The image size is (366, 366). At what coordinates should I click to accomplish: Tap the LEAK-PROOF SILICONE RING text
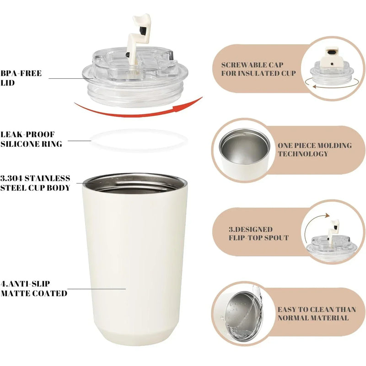coord(32,139)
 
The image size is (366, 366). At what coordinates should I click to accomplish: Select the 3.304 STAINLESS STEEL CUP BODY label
coord(35,183)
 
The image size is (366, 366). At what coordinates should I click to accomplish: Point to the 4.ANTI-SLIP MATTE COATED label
coord(33,289)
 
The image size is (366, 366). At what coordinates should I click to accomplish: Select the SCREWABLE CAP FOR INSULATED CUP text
coord(258,69)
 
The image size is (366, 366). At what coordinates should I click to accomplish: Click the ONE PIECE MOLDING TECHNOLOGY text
coord(315,150)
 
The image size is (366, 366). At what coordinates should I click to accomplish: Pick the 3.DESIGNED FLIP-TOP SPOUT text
coord(258,233)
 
